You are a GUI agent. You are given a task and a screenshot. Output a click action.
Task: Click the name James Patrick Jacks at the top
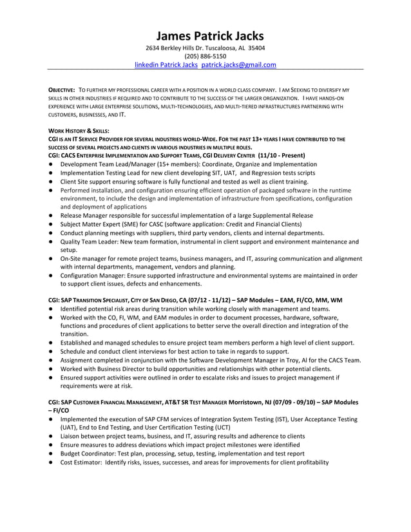(205, 36)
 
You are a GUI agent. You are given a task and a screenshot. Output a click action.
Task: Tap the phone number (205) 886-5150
(205, 56)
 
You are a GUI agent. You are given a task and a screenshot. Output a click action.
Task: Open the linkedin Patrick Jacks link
(166, 65)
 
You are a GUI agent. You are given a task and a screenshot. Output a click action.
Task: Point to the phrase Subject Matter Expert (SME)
(104, 224)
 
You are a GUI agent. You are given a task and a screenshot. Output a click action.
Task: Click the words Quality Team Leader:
(90, 242)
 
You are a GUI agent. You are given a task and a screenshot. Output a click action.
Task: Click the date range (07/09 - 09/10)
(300, 402)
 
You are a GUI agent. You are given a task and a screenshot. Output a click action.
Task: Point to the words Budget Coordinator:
(90, 453)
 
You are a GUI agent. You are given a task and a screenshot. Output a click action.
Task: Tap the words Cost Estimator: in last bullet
(81, 462)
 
